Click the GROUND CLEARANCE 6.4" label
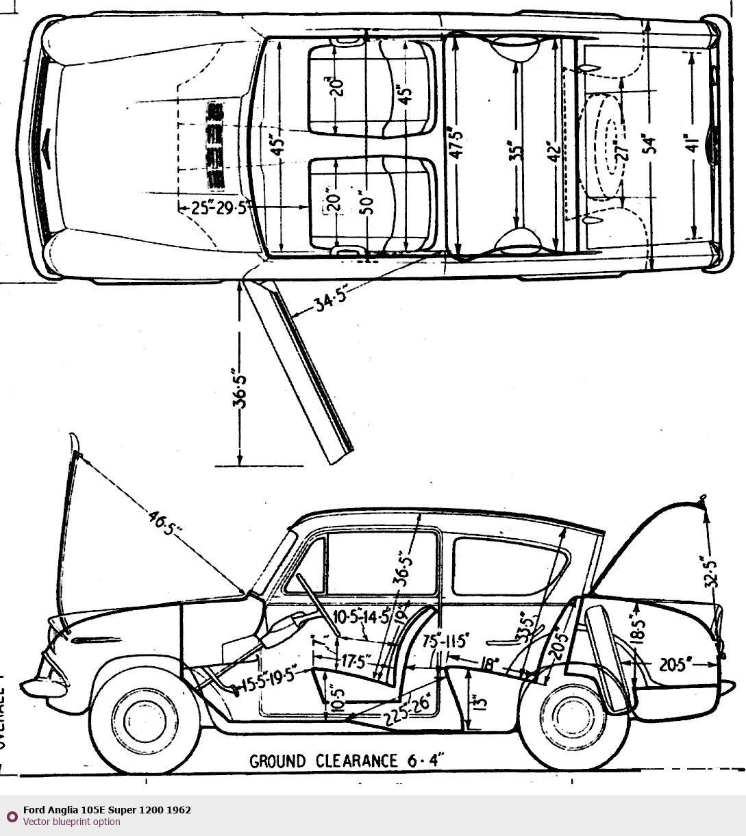click(347, 761)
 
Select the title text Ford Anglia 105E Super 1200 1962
click(107, 810)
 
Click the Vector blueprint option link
click(71, 822)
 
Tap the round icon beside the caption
click(12, 816)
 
